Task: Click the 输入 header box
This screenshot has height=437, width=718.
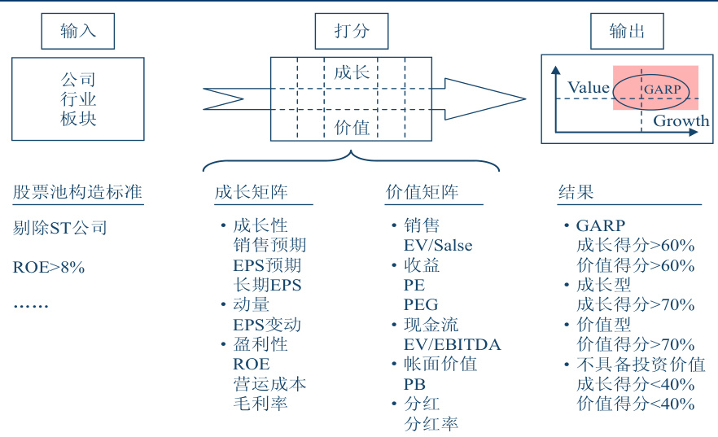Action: click(x=78, y=31)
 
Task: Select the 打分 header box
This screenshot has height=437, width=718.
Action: click(x=352, y=31)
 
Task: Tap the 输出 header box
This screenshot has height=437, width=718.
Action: click(x=627, y=31)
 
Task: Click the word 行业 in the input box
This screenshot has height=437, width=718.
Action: click(x=78, y=99)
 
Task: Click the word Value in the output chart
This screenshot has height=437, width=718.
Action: click(x=589, y=88)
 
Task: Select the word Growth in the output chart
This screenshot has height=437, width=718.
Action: click(x=681, y=121)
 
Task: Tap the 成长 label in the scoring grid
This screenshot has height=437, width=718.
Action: click(x=352, y=72)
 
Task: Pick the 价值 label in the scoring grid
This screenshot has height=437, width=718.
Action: click(x=352, y=127)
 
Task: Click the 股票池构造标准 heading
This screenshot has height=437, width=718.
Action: click(x=78, y=192)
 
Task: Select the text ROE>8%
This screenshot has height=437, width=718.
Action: click(x=49, y=266)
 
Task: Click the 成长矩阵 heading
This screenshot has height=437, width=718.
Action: click(x=252, y=192)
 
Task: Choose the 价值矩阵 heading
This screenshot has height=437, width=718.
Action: click(x=422, y=192)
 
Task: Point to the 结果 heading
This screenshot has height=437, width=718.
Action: click(x=576, y=192)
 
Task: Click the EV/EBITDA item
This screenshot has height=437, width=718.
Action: click(x=452, y=344)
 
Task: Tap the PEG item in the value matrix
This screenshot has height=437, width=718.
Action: click(x=421, y=304)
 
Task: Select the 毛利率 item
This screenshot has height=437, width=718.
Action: click(x=260, y=404)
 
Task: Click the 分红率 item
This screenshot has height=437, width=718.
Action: click(x=431, y=423)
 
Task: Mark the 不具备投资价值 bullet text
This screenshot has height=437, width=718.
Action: click(x=641, y=365)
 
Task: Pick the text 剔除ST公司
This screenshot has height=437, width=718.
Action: click(x=60, y=228)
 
